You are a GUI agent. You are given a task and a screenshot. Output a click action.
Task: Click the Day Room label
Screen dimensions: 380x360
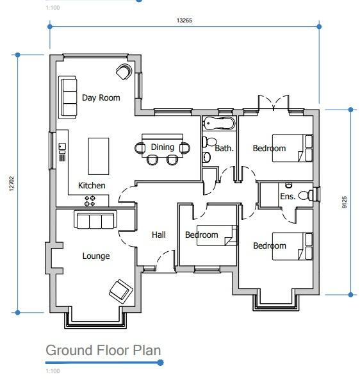101,98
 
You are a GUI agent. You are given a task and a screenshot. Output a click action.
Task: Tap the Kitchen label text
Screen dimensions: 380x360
92,185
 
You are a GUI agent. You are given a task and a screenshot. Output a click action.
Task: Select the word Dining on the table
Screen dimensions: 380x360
162,147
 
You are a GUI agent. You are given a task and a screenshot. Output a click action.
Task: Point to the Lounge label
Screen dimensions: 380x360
96,256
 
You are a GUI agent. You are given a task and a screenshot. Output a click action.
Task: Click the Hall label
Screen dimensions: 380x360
159,235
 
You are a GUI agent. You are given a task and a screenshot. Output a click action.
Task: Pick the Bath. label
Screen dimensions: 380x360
224,149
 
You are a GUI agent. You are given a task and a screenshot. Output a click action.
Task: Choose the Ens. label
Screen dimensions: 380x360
288,196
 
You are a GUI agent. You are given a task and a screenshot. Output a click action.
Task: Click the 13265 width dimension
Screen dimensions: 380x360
184,21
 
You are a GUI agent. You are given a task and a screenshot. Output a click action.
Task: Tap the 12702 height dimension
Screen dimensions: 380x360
11,184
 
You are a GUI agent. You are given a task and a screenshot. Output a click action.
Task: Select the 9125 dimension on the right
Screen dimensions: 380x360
344,201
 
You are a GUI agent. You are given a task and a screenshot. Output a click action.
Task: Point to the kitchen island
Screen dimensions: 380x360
98,156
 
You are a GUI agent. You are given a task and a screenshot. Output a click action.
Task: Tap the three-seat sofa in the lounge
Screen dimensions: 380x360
95,221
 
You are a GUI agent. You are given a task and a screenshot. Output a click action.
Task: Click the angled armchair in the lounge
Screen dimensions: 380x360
120,290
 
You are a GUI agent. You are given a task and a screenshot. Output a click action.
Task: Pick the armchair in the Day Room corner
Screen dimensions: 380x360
124,72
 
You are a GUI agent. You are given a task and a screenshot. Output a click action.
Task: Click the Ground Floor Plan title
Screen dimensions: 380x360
103,351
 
